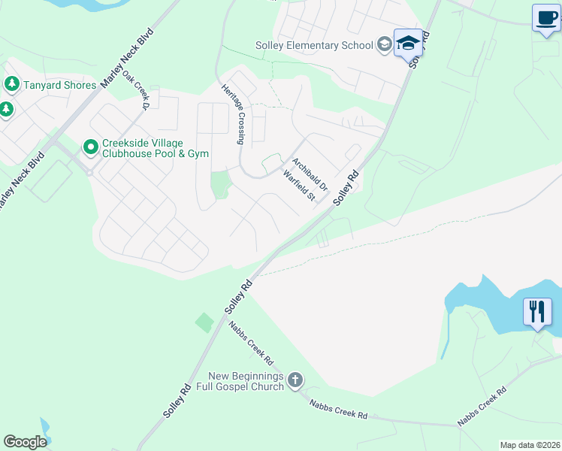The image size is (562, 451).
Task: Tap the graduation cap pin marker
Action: tap(408, 43)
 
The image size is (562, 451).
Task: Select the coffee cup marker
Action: tap(546, 18)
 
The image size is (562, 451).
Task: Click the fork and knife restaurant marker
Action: tap(537, 310)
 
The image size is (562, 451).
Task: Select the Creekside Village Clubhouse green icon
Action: tap(91, 146)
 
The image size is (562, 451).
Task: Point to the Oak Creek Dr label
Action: tap(137, 91)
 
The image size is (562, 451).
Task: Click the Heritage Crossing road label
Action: tap(234, 114)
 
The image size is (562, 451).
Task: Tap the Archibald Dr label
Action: tap(310, 173)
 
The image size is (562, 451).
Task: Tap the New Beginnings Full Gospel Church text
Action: tap(246, 381)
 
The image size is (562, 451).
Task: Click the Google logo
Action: tap(25, 442)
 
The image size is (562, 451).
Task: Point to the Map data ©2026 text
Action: tap(530, 445)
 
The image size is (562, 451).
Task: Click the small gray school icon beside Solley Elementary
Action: tap(384, 44)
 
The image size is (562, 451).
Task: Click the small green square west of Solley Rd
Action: tap(204, 323)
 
